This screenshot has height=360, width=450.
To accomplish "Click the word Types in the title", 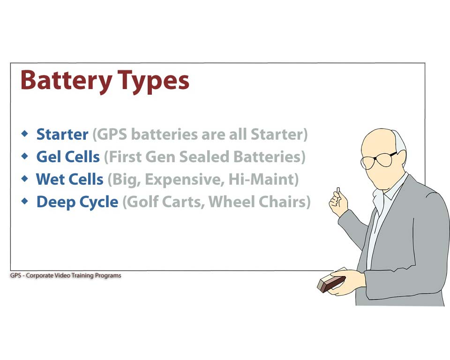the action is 153,82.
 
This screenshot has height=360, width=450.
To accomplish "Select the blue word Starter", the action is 62,134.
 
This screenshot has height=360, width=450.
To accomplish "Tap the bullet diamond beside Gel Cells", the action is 25,156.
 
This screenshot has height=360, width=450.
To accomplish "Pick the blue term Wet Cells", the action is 69,179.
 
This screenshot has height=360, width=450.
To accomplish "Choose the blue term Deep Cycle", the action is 77,202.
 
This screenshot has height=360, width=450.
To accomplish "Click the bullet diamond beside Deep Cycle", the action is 25,201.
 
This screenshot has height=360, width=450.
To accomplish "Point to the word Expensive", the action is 185,180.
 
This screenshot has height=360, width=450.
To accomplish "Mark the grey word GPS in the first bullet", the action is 110,135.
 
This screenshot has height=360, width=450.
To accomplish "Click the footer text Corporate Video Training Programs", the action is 74,275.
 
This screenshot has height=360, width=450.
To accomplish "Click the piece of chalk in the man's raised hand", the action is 338,191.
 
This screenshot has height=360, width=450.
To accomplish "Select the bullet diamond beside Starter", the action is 25,133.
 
